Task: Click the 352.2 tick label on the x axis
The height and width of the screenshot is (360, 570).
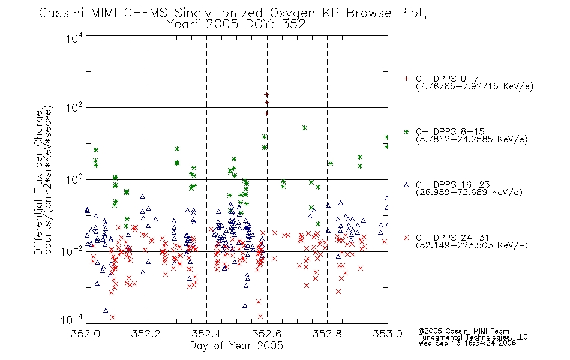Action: tap(146, 334)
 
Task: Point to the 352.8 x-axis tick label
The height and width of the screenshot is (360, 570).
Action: tap(327, 334)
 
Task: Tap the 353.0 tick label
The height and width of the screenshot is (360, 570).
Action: tap(388, 334)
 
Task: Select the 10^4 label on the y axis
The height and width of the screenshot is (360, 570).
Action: tap(74, 38)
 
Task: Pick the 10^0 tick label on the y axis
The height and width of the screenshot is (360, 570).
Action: tap(74, 179)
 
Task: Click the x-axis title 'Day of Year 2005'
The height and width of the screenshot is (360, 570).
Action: tap(236, 346)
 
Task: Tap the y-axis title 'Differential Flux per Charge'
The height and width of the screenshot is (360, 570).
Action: tap(38, 182)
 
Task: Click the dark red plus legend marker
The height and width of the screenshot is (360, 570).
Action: tap(406, 79)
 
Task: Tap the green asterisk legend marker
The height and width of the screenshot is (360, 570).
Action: tap(406, 132)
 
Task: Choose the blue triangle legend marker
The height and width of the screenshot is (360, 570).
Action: tap(406, 185)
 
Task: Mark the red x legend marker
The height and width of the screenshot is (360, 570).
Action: tap(406, 238)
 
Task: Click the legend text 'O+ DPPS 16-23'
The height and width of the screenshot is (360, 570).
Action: tap(452, 184)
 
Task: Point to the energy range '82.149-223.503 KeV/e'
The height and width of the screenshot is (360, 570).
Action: tap(472, 245)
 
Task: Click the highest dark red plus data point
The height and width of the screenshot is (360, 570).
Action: tap(266, 95)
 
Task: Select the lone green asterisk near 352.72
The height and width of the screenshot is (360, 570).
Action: tap(305, 128)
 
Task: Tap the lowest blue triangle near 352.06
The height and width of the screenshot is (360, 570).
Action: tap(106, 310)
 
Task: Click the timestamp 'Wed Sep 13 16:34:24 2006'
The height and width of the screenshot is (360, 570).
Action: tap(467, 343)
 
